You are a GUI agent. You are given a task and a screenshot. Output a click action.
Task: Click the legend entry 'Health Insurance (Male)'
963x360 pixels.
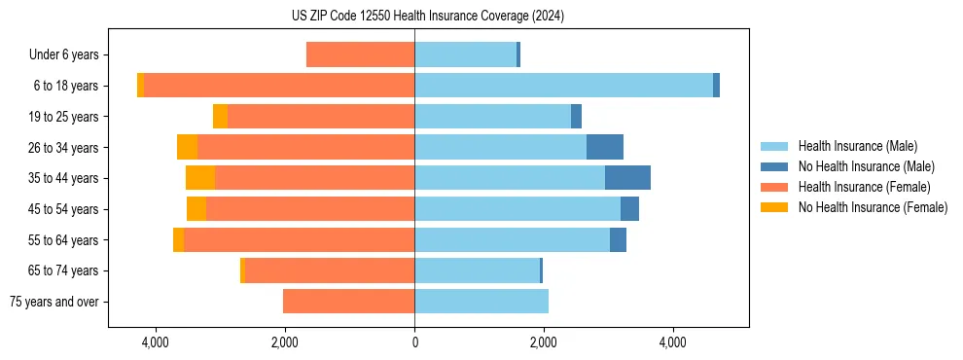point(857,146)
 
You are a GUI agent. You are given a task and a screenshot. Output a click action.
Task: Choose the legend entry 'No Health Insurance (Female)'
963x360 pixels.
point(873,207)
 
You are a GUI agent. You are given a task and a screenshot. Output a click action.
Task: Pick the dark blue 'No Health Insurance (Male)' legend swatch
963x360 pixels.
point(775,166)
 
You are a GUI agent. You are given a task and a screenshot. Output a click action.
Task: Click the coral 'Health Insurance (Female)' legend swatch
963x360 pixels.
point(775,187)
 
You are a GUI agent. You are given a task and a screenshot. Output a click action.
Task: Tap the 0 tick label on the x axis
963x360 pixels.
point(414,342)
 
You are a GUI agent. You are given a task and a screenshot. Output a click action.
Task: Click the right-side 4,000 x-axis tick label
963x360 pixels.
point(673,342)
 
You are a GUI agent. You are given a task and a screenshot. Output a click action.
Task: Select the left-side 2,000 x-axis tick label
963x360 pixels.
point(285,342)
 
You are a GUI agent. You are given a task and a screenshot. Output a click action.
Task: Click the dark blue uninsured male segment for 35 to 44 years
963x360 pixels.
point(627,178)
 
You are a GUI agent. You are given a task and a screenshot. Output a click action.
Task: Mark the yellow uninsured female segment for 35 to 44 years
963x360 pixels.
point(200,178)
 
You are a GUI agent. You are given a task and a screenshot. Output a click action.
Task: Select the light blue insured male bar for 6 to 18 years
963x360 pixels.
point(563,86)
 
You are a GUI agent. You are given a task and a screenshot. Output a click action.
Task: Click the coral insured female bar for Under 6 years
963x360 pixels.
point(360,54)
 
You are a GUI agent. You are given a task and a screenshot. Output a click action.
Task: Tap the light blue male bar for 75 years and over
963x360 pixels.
point(481,302)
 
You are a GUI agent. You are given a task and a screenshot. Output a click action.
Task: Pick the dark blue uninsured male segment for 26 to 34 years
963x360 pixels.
point(604,147)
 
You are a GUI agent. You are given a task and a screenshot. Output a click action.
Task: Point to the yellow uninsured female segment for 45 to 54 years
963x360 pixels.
point(196,209)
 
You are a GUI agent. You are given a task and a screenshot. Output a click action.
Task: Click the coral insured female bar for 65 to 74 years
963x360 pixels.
point(330,270)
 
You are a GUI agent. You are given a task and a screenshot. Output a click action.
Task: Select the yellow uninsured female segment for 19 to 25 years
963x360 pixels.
point(220,117)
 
